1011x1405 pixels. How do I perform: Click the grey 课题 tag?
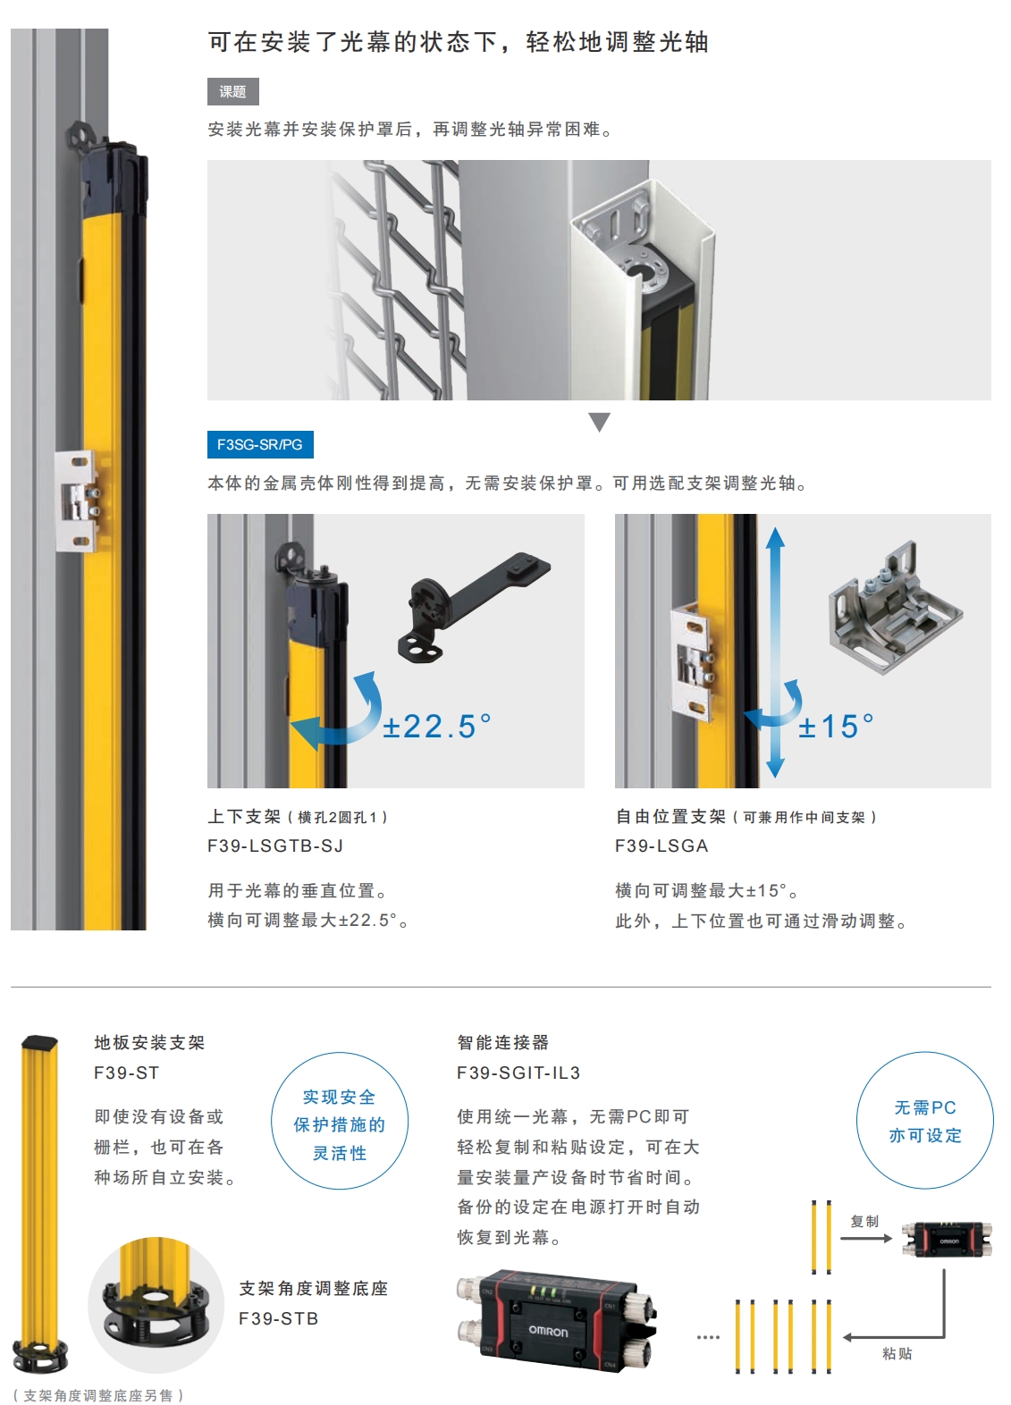[232, 91]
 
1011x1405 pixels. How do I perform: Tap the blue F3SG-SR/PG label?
[260, 445]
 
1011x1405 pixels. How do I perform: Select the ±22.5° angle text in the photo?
[437, 727]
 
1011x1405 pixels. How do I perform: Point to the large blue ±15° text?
[836, 727]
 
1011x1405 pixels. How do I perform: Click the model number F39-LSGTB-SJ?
[275, 846]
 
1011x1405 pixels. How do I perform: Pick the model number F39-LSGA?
[661, 846]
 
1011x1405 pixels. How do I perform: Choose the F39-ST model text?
[127, 1073]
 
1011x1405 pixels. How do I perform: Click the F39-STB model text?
[279, 1319]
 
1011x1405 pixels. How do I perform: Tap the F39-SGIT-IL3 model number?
[518, 1073]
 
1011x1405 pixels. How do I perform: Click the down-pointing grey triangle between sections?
[600, 422]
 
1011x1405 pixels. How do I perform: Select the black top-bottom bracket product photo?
[474, 607]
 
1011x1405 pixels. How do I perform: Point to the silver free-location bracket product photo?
[896, 607]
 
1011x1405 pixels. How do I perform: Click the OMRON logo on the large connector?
[548, 1331]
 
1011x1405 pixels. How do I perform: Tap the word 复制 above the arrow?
[864, 1221]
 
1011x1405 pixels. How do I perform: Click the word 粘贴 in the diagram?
[897, 1353]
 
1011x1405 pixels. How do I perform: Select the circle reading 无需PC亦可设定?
[925, 1120]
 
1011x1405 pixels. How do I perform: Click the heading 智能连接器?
[503, 1042]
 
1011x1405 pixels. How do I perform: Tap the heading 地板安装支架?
[149, 1042]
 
